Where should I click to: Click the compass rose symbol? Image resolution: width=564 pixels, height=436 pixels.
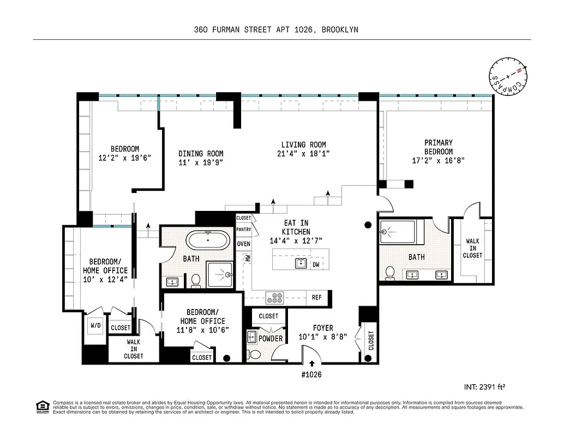click(x=508, y=77)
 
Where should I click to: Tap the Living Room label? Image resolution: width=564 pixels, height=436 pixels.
click(x=303, y=144)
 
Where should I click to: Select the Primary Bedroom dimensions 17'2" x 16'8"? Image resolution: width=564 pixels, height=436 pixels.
click(x=438, y=160)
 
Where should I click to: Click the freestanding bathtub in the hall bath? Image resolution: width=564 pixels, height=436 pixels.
click(x=207, y=240)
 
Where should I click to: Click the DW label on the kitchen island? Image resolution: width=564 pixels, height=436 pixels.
click(x=316, y=265)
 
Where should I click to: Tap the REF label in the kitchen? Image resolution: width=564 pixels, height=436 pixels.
click(x=317, y=298)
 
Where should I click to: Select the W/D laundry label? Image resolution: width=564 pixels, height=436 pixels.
click(x=95, y=326)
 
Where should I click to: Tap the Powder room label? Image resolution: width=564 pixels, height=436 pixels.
click(x=271, y=338)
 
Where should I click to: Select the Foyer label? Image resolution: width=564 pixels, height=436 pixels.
click(x=323, y=328)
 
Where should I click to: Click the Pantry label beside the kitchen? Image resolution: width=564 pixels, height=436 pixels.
click(x=244, y=230)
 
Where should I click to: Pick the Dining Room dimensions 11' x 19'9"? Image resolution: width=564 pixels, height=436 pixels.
click(x=201, y=162)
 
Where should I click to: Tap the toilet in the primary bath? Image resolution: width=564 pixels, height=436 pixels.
click(x=390, y=272)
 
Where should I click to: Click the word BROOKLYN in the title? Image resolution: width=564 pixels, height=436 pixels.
click(x=340, y=30)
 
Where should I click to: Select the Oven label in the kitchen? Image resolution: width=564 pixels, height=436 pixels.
click(x=244, y=244)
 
